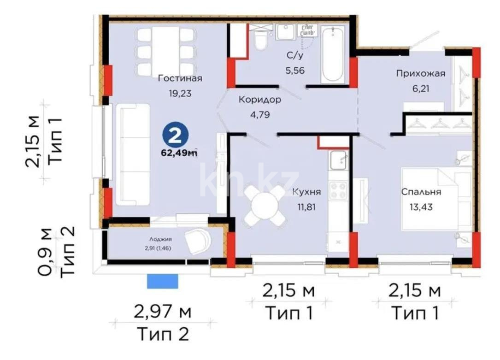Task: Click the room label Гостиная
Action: point(180,78)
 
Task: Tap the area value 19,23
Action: point(180,94)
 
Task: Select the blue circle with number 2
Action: point(175,135)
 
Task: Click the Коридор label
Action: point(259,99)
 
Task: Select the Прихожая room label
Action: point(420,73)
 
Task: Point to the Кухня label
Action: point(307,192)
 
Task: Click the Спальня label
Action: point(421,192)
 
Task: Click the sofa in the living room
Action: point(133,154)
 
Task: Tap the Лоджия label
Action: point(160,239)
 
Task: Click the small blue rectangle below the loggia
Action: point(162,281)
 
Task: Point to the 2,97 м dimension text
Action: point(162,312)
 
